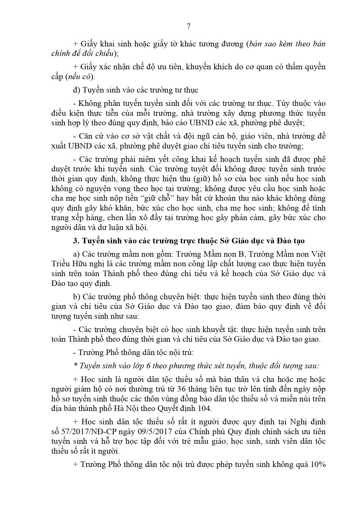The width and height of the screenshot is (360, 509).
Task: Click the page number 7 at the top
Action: coord(189,26)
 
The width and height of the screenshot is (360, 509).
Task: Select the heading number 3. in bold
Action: coord(76,241)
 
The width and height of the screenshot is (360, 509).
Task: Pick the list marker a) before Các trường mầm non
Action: coord(76,254)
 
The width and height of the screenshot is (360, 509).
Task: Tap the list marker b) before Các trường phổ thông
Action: coord(76,297)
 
